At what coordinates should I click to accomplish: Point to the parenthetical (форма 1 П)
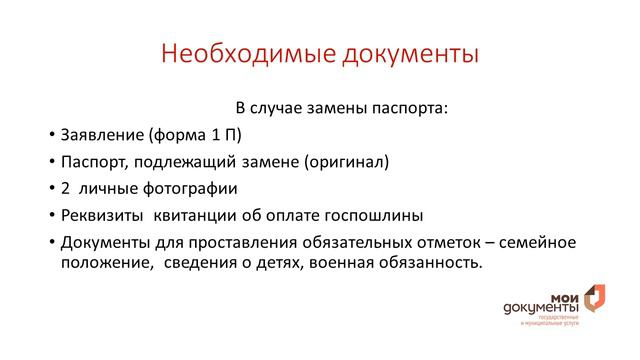point(194,134)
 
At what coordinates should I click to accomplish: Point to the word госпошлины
point(379,215)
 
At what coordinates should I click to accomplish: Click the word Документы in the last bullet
point(104,243)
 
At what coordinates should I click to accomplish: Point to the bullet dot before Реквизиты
point(51,216)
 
